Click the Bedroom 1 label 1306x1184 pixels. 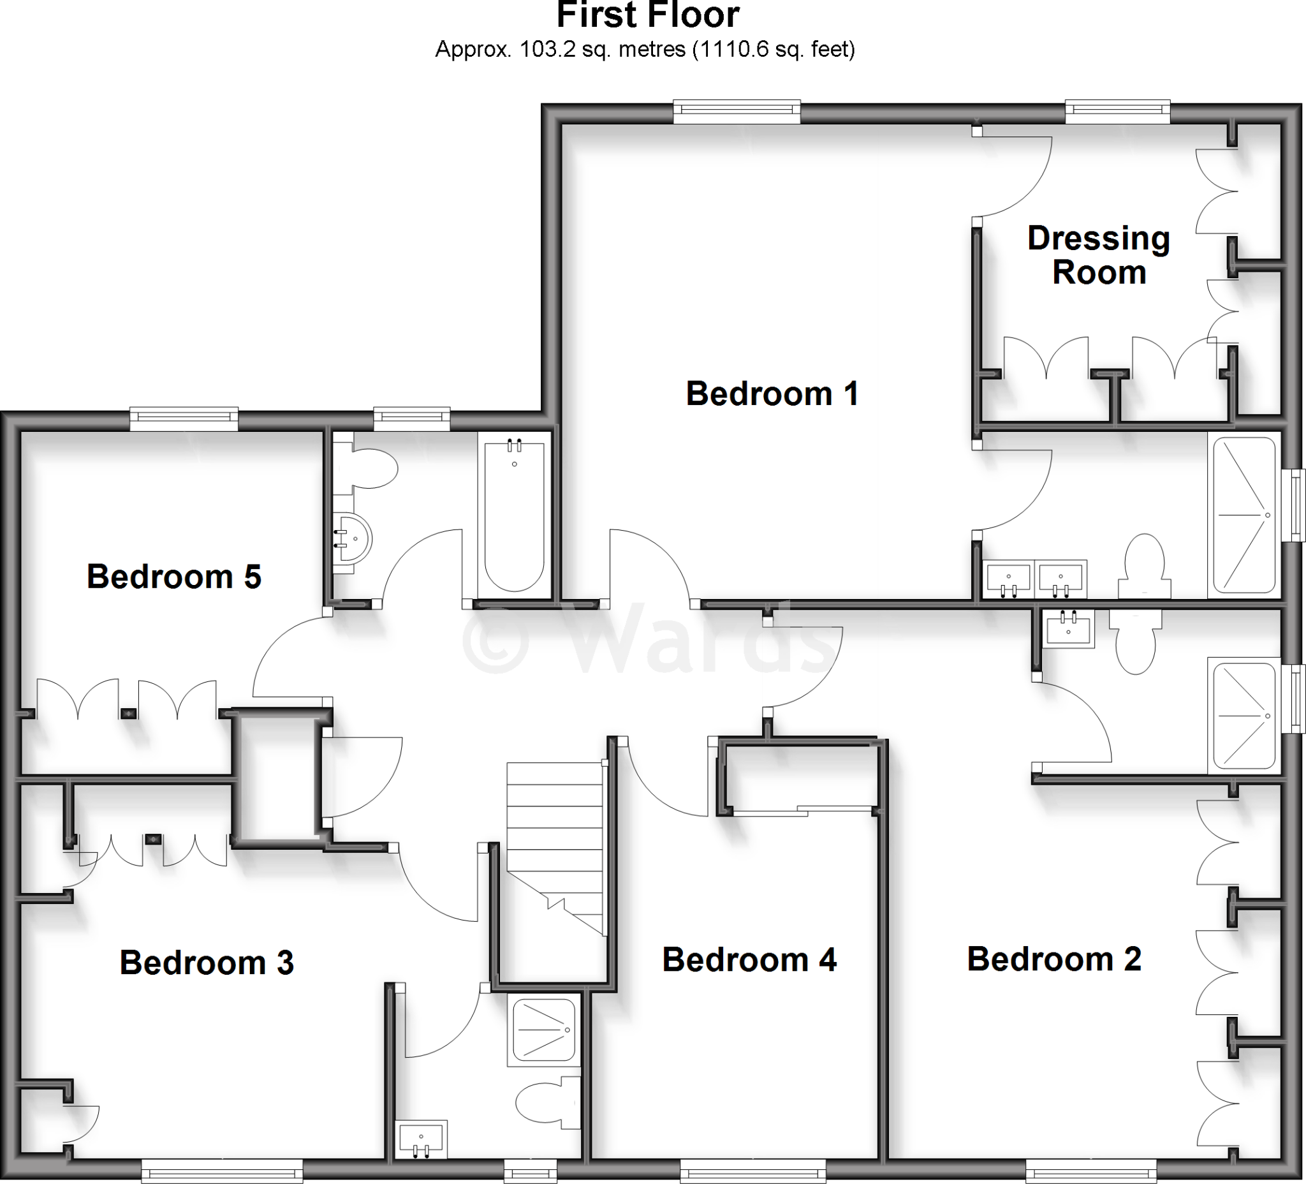(x=772, y=394)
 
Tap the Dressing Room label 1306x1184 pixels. (x=1099, y=255)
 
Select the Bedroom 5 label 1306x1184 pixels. (x=173, y=577)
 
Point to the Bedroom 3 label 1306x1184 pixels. (x=207, y=963)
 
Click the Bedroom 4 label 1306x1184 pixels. (x=749, y=960)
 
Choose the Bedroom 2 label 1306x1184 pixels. (x=1054, y=959)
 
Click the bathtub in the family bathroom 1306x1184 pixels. (x=515, y=515)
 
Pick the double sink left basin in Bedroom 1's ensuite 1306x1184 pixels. (x=1008, y=579)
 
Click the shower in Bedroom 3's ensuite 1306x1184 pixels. (x=543, y=1030)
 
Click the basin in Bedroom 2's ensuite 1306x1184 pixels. (x=1069, y=628)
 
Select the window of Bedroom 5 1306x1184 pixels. (x=184, y=420)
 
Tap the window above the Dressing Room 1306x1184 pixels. (x=1117, y=112)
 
